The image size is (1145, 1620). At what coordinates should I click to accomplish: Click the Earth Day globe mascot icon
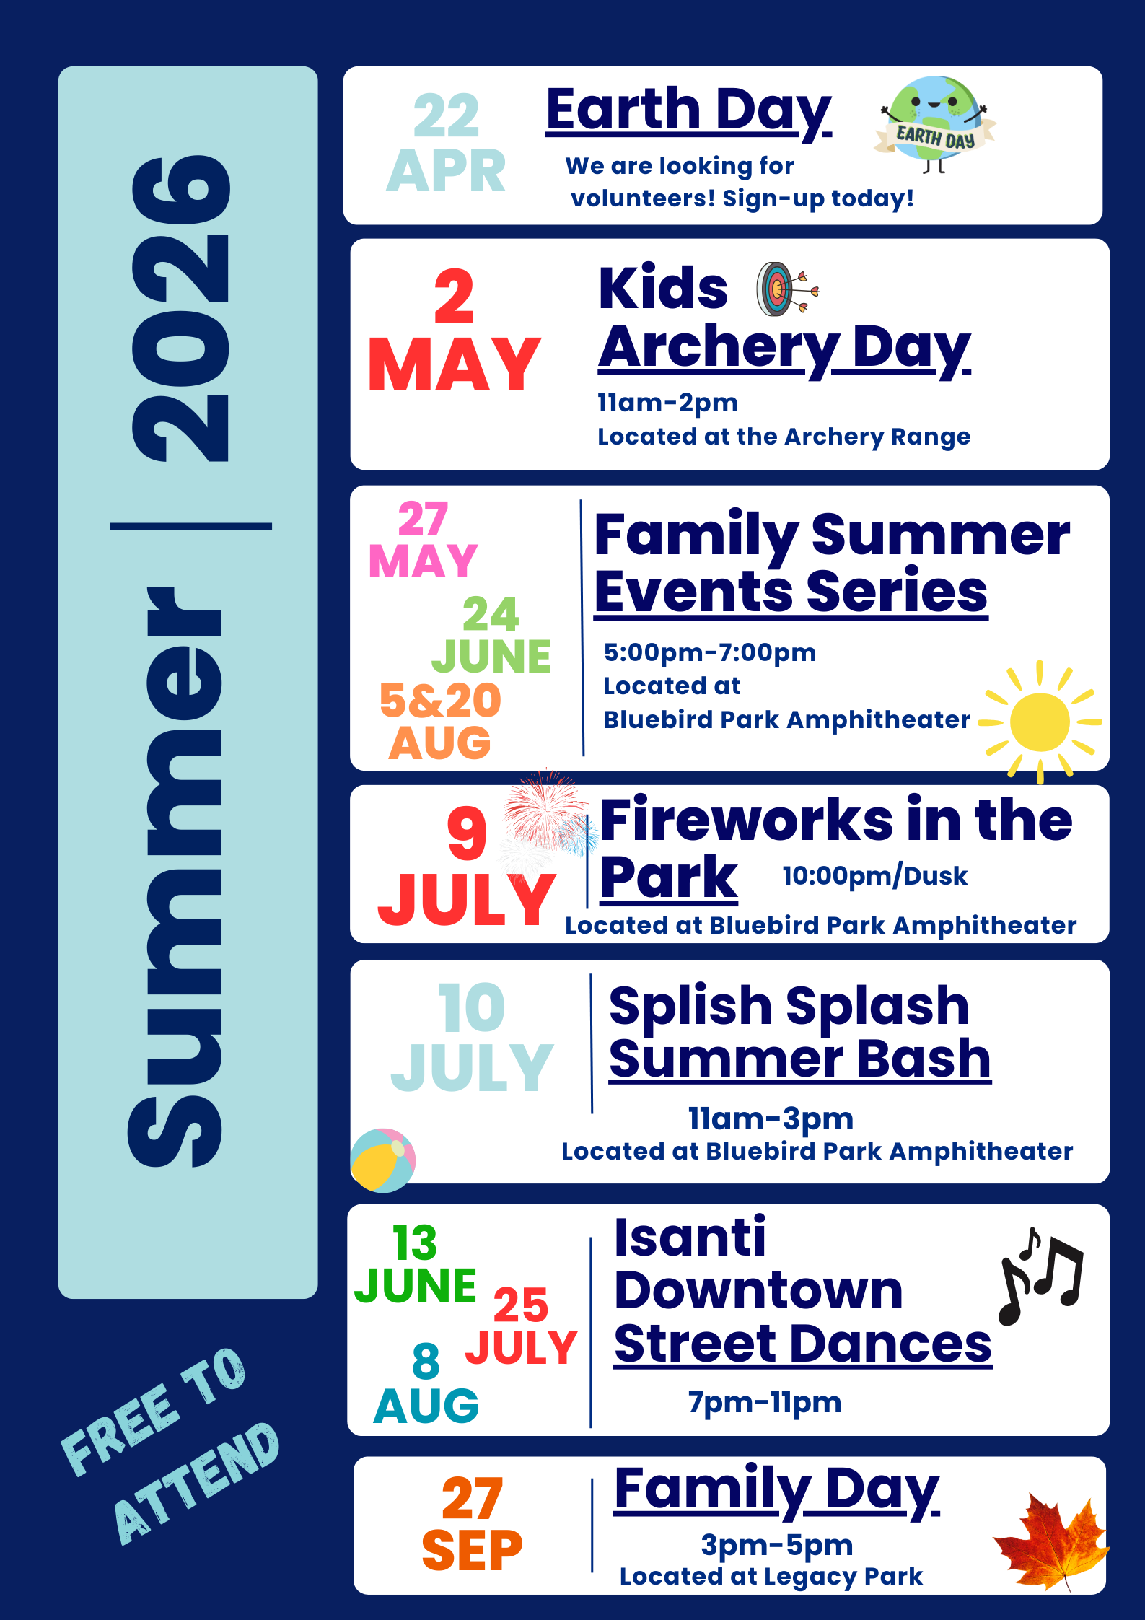[x=934, y=123]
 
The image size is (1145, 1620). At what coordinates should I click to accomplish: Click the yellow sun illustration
[x=1039, y=722]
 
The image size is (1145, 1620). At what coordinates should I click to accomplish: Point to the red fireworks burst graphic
[x=543, y=808]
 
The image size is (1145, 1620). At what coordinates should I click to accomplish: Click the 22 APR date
[x=446, y=143]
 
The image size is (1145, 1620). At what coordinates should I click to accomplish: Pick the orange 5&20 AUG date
[x=440, y=721]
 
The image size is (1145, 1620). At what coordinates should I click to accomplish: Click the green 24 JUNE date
[x=491, y=635]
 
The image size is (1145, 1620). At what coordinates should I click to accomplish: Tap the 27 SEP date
[x=472, y=1523]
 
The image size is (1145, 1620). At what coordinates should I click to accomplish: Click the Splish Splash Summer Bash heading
[x=799, y=1032]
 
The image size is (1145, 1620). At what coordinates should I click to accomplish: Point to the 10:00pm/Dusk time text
[x=874, y=876]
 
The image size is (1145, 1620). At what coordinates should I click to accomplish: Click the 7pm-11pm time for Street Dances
[x=764, y=1403]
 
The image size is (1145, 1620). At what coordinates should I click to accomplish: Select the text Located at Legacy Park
[x=771, y=1577]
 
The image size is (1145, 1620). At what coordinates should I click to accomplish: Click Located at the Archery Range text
[x=784, y=437]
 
